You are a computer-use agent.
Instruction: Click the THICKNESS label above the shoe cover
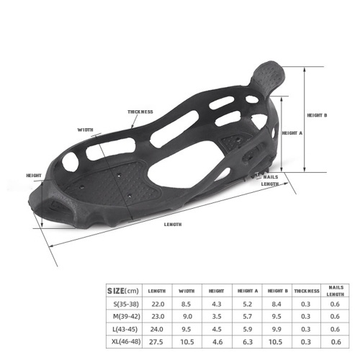point(140,112)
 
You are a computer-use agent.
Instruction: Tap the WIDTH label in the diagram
point(85,130)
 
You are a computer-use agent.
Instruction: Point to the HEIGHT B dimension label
point(317,115)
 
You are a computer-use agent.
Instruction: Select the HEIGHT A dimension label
point(292,133)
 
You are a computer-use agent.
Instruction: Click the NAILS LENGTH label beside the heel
point(270,181)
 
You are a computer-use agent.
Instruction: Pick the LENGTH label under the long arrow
point(173,225)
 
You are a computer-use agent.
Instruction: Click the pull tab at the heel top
point(269,75)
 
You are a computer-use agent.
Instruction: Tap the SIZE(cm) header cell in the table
point(123,291)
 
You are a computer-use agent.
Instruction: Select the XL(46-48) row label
point(126,341)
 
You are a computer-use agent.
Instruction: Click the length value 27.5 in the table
point(156,342)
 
